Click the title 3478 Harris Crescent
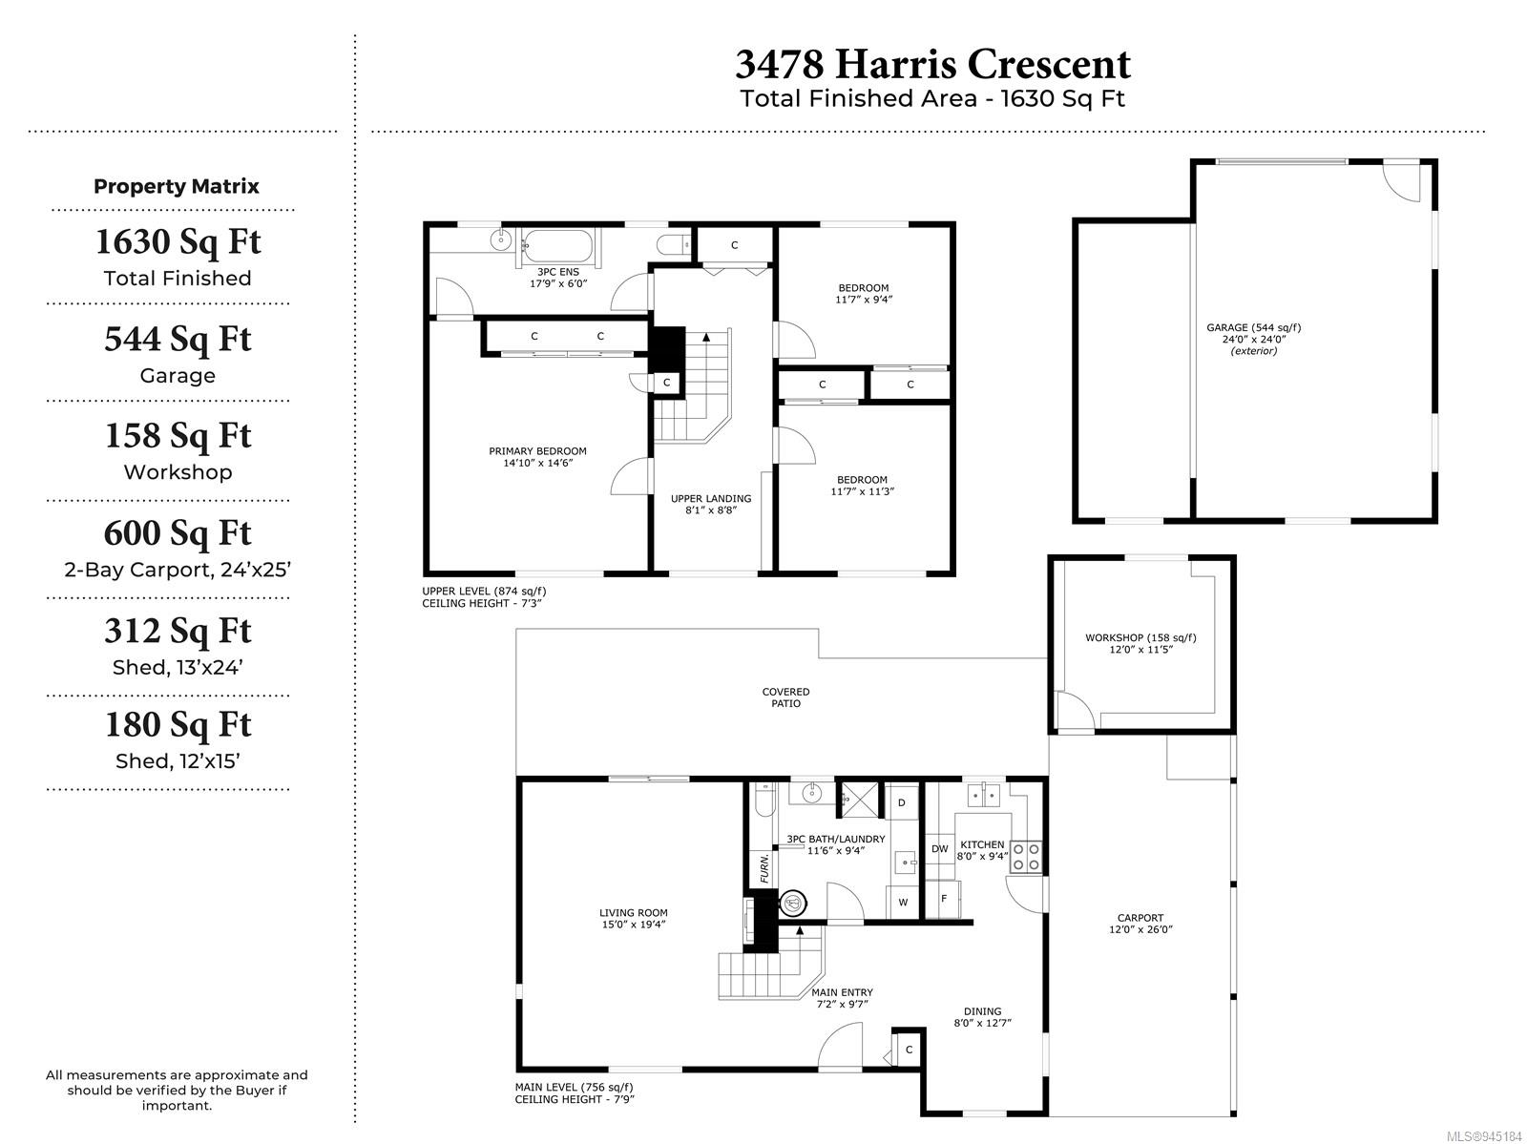(x=932, y=65)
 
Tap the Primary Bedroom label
(x=537, y=451)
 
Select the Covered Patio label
(x=785, y=697)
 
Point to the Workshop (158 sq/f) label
(x=1140, y=637)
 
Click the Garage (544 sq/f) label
(x=1254, y=327)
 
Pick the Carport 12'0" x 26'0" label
(x=1140, y=923)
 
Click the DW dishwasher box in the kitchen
(x=940, y=849)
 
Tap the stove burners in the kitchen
(x=1026, y=857)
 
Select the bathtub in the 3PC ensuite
(x=558, y=245)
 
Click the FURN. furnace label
(x=763, y=868)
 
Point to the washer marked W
(x=903, y=902)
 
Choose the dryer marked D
(x=902, y=802)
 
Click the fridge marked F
(x=943, y=899)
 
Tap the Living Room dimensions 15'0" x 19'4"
(x=633, y=925)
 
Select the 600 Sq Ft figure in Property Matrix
(x=178, y=533)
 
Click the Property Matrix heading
(x=176, y=186)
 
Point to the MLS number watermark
(x=1484, y=1136)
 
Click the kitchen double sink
(x=984, y=794)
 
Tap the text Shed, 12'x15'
(x=178, y=761)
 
